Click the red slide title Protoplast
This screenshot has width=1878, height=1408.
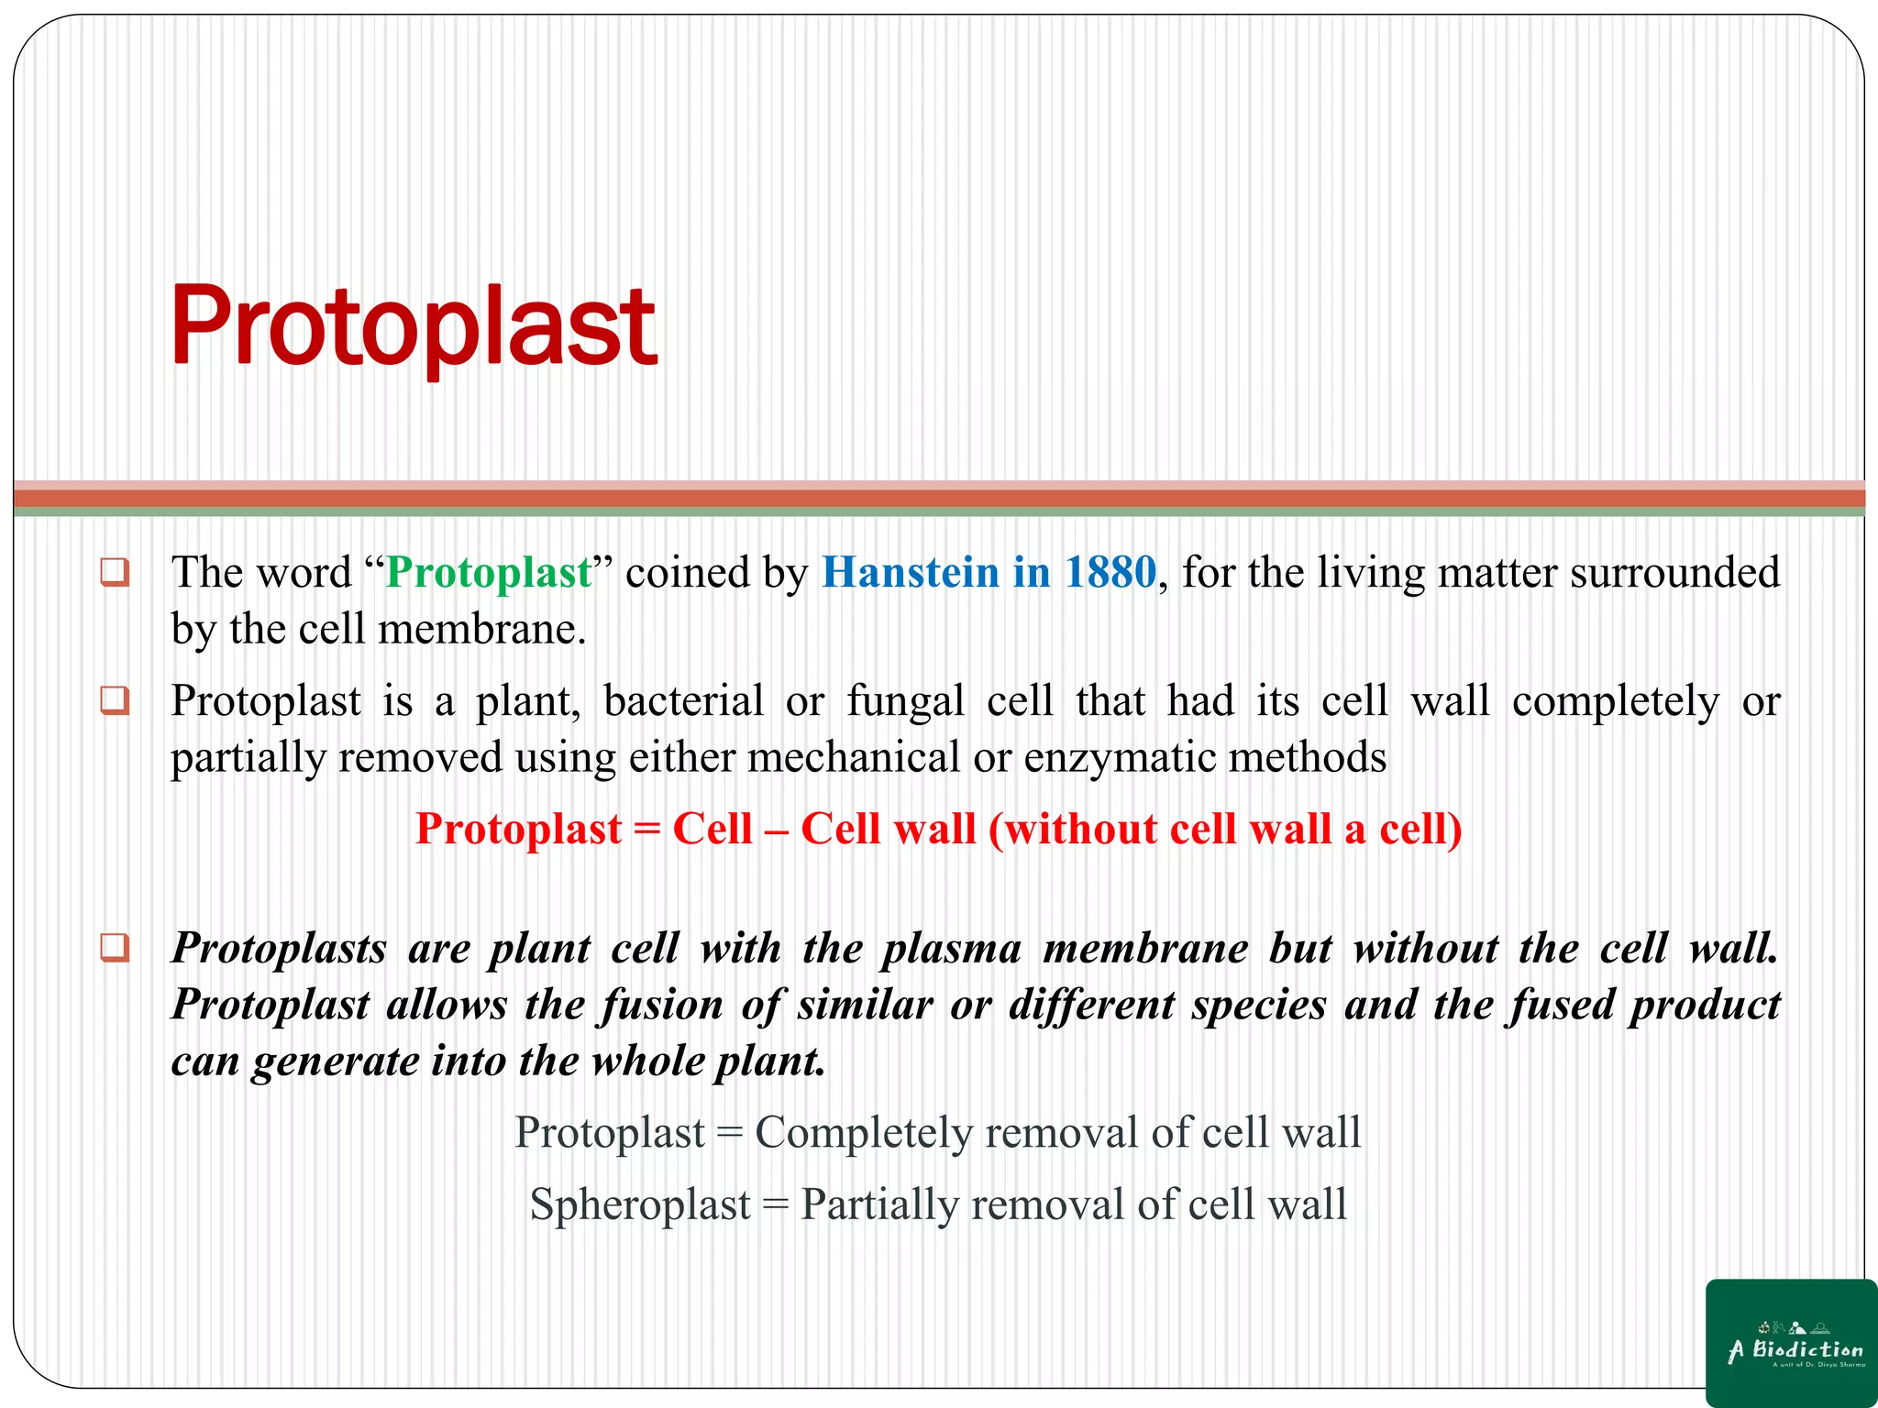[413, 326]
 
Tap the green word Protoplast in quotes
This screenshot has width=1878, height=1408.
[489, 573]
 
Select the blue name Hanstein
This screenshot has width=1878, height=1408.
[910, 573]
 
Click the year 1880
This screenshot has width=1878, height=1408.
[1110, 573]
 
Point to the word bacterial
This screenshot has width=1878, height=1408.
[683, 701]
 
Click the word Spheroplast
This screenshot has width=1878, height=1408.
[640, 1204]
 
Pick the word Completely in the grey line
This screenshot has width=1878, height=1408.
[863, 1133]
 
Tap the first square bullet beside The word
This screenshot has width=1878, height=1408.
[115, 573]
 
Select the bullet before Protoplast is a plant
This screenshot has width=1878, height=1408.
[115, 701]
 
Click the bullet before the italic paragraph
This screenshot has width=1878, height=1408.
[115, 947]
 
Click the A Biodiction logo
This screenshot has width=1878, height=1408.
[1791, 1343]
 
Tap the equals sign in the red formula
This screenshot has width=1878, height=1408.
[646, 830]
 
